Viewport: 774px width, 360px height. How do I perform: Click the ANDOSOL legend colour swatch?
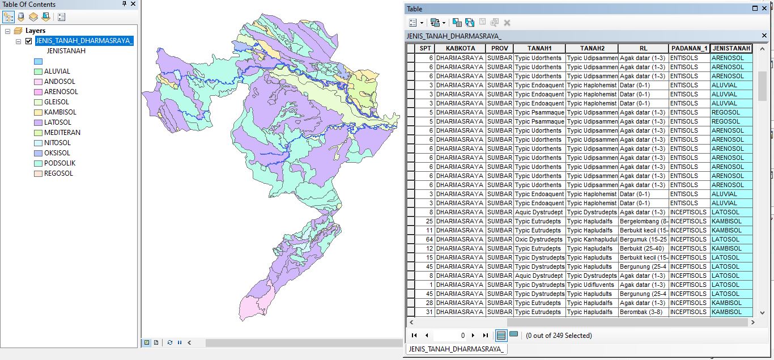tap(38, 82)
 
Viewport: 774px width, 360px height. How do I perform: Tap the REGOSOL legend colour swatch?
tap(38, 173)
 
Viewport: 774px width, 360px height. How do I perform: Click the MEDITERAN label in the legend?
tap(62, 133)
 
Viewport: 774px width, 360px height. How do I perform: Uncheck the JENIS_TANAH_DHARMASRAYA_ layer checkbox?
tap(28, 41)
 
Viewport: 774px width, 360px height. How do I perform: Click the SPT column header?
tap(425, 49)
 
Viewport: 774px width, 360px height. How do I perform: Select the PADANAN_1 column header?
tap(688, 49)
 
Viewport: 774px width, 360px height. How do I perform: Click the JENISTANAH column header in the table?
tap(731, 49)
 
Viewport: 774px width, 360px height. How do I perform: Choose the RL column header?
tap(643, 49)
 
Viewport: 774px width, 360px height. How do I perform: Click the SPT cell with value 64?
tap(426, 239)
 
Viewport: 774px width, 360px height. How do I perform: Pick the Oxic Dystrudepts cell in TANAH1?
tap(539, 239)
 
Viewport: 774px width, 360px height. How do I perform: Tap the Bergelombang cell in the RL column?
tap(643, 221)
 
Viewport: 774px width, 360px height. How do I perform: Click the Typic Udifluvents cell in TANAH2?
tap(591, 285)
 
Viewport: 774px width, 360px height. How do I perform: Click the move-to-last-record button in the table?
tap(485, 336)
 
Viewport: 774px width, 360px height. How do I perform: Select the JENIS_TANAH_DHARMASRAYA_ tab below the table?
tap(456, 349)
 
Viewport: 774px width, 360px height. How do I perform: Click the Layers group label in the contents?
tap(36, 31)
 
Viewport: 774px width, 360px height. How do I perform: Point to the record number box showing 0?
tap(453, 336)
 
